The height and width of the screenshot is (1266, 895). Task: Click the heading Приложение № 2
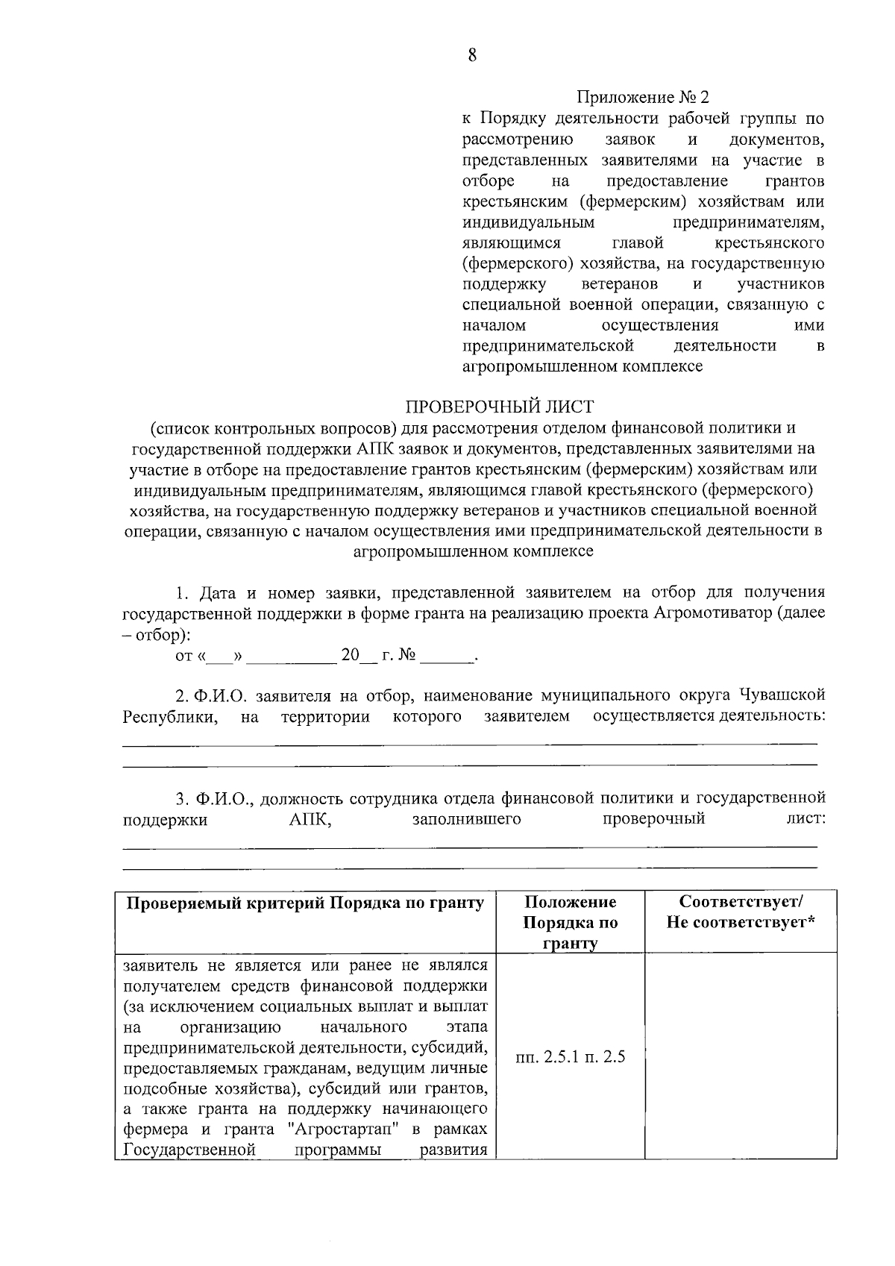(x=642, y=98)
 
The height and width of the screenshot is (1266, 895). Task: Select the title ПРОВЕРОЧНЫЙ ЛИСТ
(x=499, y=407)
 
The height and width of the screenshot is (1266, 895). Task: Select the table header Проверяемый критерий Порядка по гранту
(x=305, y=903)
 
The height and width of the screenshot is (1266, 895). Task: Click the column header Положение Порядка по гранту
(x=570, y=923)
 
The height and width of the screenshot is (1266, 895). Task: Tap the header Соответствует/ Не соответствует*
(x=741, y=912)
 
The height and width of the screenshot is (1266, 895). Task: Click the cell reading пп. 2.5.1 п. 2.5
(x=570, y=1057)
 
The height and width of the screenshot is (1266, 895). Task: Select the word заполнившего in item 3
(x=466, y=820)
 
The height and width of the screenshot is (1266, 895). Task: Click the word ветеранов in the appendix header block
(x=619, y=284)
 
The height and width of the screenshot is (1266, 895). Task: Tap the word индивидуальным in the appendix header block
(x=528, y=222)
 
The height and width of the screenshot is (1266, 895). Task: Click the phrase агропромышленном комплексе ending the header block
(x=582, y=366)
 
